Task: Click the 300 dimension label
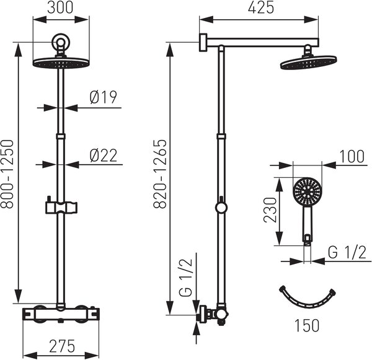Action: tap(60, 7)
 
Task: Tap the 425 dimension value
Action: tap(261, 7)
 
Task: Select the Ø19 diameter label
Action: tap(104, 97)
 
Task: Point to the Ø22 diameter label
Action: tap(104, 156)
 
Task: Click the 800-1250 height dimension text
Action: tap(7, 174)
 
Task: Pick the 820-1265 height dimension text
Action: tap(160, 174)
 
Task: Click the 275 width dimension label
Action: tap(62, 346)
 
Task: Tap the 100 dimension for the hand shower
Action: tap(352, 157)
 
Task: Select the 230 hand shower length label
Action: tap(270, 210)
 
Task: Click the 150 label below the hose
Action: tap(307, 325)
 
